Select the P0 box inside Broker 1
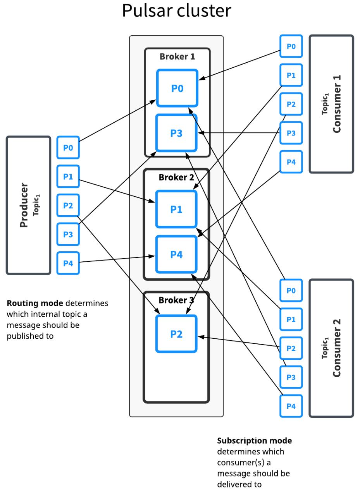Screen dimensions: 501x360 pyautogui.click(x=177, y=88)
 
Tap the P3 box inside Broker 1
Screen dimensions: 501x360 pyautogui.click(x=177, y=133)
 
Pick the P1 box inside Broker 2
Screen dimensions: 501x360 pyautogui.click(x=176, y=209)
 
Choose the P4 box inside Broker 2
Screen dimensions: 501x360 pyautogui.click(x=176, y=254)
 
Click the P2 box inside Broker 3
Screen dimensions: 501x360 pyautogui.click(x=176, y=334)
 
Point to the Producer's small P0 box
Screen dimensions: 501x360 pyautogui.click(x=68, y=148)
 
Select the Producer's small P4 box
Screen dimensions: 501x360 pyautogui.click(x=68, y=263)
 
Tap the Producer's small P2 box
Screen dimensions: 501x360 pyautogui.click(x=68, y=205)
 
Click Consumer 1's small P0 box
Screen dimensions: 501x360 pyautogui.click(x=291, y=46)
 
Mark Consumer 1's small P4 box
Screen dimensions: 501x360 pyautogui.click(x=291, y=162)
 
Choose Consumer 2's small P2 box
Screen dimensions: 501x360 pyautogui.click(x=291, y=348)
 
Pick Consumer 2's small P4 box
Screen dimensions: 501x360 pyautogui.click(x=291, y=406)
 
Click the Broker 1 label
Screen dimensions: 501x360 pyautogui.click(x=177, y=57)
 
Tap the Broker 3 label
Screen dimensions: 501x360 pyautogui.click(x=176, y=300)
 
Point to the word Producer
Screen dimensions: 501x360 pyautogui.click(x=24, y=205)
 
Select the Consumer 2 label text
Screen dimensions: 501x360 pyautogui.click(x=337, y=348)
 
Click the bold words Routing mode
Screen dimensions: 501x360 pyautogui.click(x=34, y=303)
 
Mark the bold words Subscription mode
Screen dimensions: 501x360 pyautogui.click(x=254, y=441)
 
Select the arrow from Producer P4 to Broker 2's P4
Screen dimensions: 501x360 pyautogui.click(x=116, y=259)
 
